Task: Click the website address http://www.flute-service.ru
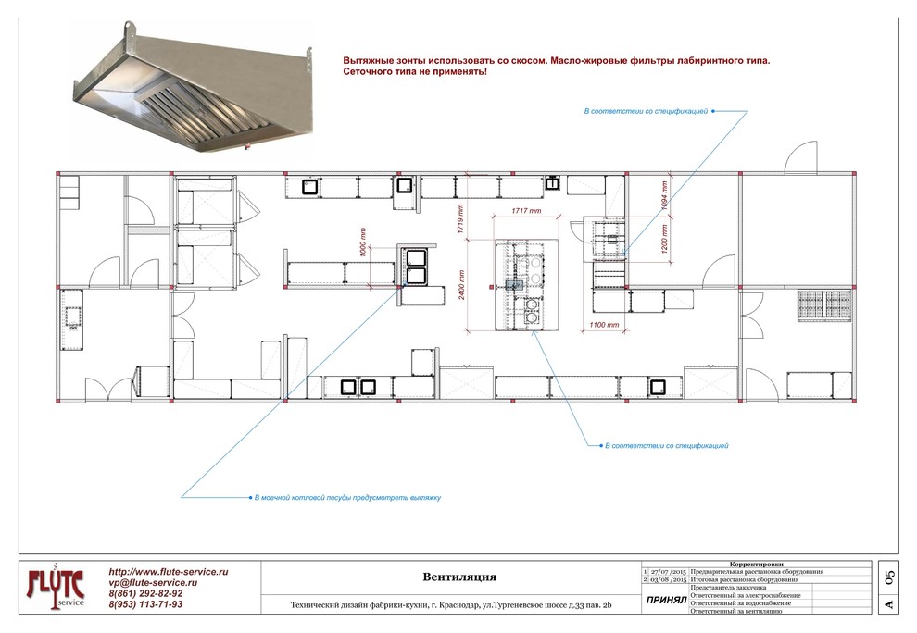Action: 169,572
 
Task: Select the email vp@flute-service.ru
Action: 153,583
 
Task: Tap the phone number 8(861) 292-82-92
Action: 145,593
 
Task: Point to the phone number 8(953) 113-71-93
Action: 145,604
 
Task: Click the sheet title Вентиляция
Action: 459,577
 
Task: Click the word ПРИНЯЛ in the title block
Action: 666,601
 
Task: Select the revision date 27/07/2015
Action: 669,572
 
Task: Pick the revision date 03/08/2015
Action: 669,580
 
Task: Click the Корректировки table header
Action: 756,565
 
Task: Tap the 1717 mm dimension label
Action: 526,211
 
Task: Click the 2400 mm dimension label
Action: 462,285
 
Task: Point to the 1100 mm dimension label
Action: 604,325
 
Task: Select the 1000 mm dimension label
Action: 363,242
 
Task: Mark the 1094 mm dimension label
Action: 664,195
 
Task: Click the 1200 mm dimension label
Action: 664,238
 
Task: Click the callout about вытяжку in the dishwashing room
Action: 347,498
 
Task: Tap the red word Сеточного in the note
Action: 366,72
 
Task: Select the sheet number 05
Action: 889,578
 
